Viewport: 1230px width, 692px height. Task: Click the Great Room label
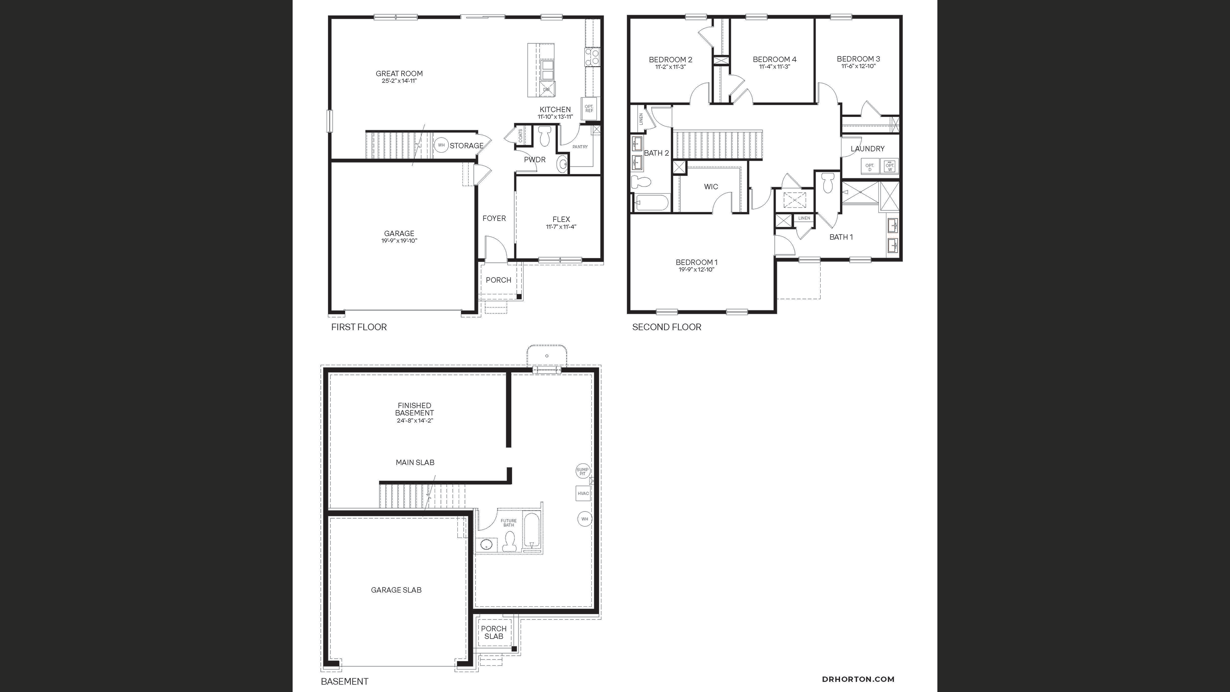tap(399, 73)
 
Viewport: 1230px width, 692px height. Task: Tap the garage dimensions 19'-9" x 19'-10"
tap(399, 241)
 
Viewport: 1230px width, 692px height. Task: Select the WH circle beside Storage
tap(441, 145)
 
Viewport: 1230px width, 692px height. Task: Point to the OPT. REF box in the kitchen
tap(589, 108)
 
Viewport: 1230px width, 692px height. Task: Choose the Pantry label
tap(580, 147)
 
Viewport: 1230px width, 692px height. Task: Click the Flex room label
tap(561, 219)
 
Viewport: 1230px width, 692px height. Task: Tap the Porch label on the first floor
tap(499, 280)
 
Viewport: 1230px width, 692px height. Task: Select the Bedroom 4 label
tap(774, 59)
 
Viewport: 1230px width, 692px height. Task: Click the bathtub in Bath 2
tap(651, 202)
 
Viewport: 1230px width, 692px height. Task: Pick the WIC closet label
tap(711, 187)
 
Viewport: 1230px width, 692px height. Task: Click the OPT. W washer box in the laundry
tap(889, 166)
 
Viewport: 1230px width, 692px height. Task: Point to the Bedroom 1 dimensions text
tap(697, 269)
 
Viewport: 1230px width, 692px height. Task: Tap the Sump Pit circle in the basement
tap(583, 471)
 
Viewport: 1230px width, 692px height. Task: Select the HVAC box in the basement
tap(583, 493)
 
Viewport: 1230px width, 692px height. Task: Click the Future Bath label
tap(508, 523)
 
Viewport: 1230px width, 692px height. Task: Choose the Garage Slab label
tap(396, 590)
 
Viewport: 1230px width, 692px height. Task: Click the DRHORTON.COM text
tap(858, 679)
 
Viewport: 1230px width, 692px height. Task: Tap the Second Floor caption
tap(666, 327)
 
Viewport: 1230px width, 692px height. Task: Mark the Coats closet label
tap(521, 135)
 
